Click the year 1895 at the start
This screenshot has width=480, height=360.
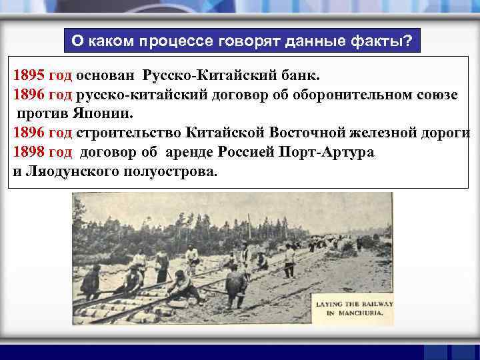(28, 75)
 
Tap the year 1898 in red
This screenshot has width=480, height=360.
(28, 151)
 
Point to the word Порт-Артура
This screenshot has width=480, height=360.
(329, 151)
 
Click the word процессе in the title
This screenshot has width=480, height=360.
(175, 41)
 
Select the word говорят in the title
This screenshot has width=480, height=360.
(249, 41)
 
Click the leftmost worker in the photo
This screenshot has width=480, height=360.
(91, 280)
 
